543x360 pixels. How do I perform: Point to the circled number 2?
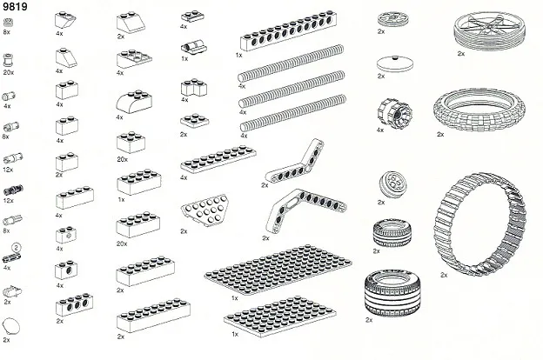click(15, 250)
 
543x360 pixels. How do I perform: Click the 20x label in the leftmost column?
click(9, 73)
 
